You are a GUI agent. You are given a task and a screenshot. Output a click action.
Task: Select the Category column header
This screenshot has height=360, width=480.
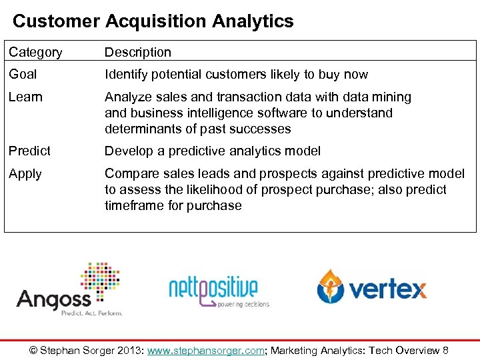(35, 52)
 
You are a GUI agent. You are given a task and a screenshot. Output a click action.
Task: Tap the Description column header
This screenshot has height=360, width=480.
(137, 52)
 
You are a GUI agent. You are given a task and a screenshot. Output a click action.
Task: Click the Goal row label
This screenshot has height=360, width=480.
(23, 75)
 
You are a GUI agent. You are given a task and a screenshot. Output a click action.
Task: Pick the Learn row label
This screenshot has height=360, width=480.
(25, 97)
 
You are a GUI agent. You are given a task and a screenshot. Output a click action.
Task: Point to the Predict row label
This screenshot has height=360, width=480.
(29, 151)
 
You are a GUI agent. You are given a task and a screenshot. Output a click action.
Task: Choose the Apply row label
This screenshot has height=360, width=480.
(25, 174)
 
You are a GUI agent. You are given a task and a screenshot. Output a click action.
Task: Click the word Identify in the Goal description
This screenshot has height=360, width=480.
(126, 75)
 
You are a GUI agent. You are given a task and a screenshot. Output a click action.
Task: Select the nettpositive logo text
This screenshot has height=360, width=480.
(213, 288)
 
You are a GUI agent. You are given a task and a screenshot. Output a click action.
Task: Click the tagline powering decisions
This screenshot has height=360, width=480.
(243, 304)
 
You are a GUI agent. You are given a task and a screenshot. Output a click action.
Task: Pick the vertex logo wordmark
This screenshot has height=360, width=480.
(387, 289)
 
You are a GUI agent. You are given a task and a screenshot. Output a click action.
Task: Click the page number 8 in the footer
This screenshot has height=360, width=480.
(445, 350)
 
